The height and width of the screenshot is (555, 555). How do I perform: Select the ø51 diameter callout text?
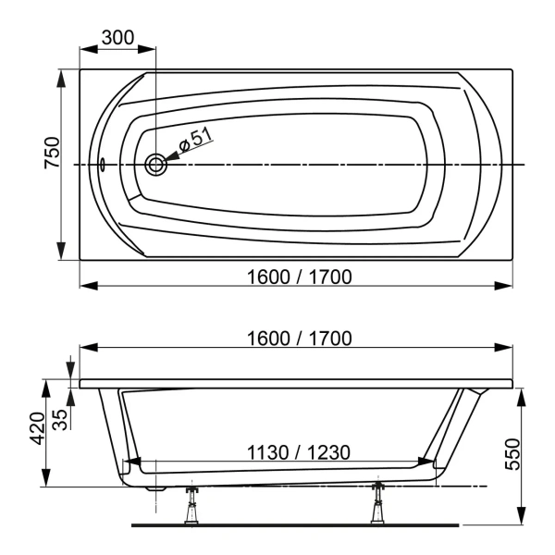click(x=195, y=140)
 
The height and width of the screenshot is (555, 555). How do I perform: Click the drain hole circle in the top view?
click(x=155, y=166)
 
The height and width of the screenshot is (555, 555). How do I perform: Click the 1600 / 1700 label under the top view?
click(x=299, y=275)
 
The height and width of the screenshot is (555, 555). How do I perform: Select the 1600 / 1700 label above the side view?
click(x=299, y=338)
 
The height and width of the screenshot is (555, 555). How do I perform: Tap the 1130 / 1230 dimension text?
click(x=298, y=452)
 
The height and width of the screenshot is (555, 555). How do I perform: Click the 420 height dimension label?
click(x=38, y=428)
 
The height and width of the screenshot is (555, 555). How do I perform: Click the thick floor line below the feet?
click(x=296, y=524)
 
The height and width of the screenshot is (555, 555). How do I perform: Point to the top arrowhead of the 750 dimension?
click(x=62, y=76)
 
